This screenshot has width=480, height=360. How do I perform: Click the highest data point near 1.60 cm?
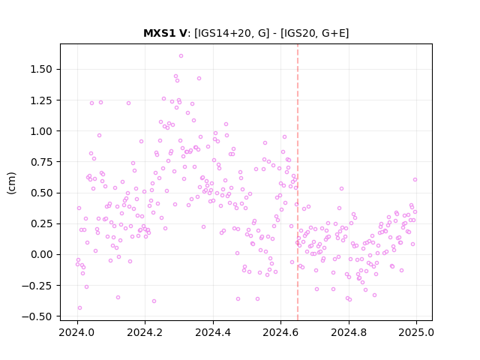(x=181, y=56)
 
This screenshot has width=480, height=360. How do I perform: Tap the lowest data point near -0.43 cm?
(x=80, y=308)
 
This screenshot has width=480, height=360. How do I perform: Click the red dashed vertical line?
(x=298, y=182)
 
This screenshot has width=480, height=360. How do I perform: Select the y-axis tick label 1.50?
(x=41, y=70)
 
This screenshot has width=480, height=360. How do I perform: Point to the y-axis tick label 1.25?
(x=41, y=100)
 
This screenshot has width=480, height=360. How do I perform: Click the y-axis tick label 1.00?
(x=41, y=131)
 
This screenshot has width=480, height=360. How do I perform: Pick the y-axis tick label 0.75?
(x=41, y=162)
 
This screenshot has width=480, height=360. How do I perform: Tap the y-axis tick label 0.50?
(x=41, y=193)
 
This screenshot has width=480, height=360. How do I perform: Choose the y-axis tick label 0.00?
(x=41, y=255)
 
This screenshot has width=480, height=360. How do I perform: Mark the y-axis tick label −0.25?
(x=37, y=286)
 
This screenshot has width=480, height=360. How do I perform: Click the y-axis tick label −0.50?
(x=37, y=316)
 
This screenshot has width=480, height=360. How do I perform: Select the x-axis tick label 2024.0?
(x=76, y=332)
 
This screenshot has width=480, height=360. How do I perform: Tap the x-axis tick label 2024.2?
(x=145, y=332)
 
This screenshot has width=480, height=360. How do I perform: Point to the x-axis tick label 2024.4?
(x=213, y=332)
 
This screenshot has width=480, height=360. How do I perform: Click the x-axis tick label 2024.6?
(x=280, y=332)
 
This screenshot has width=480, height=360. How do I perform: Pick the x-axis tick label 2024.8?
(x=348, y=332)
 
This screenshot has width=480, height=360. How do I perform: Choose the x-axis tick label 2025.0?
(x=416, y=332)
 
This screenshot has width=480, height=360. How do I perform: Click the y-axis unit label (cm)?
(x=11, y=183)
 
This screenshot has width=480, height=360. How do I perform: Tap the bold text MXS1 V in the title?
(x=165, y=33)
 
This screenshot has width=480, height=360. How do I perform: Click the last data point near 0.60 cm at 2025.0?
(x=415, y=180)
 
